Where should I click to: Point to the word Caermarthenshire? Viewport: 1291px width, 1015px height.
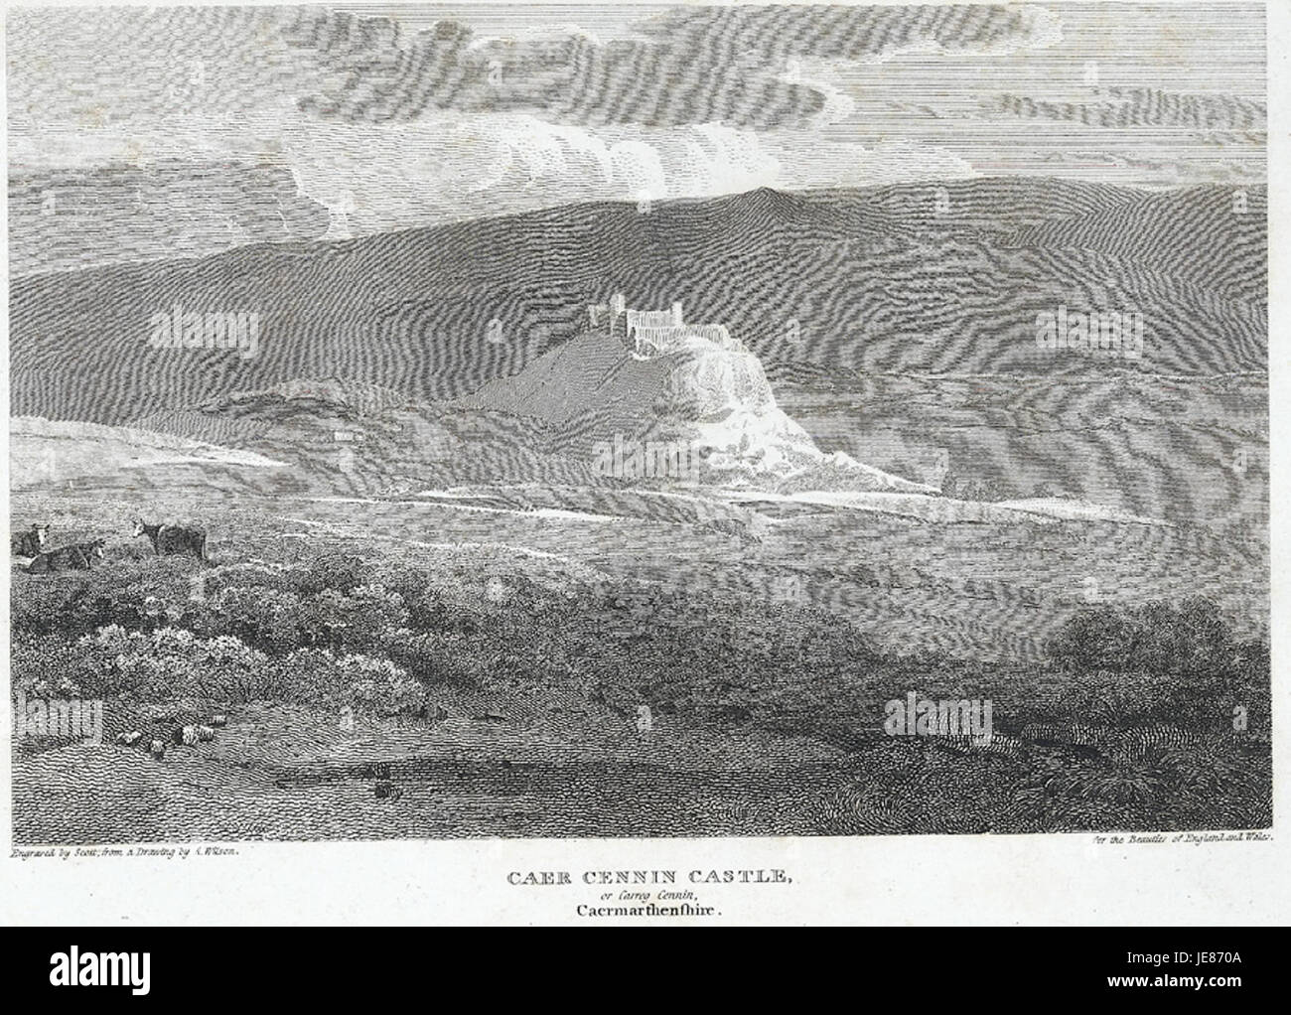pyautogui.click(x=645, y=908)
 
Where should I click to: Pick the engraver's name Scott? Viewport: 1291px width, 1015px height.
pyautogui.click(x=87, y=850)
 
